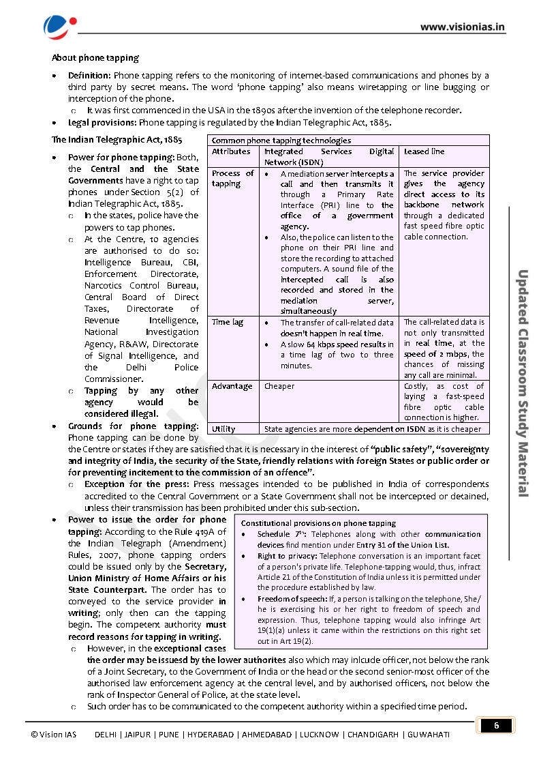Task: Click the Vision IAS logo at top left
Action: [55, 27]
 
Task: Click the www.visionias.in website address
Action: [462, 27]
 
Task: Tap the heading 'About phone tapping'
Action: [95, 58]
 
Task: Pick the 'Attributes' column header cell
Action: [231, 151]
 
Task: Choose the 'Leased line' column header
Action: [424, 151]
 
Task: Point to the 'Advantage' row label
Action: [232, 386]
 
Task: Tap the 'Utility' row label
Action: [223, 429]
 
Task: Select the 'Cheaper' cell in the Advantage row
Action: [279, 386]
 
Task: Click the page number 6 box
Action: [496, 725]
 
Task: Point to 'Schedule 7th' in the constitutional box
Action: [280, 534]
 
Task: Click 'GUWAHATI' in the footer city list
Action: [429, 735]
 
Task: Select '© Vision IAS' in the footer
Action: [54, 735]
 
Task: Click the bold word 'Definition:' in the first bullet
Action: [90, 75]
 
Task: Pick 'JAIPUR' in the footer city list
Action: [138, 735]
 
